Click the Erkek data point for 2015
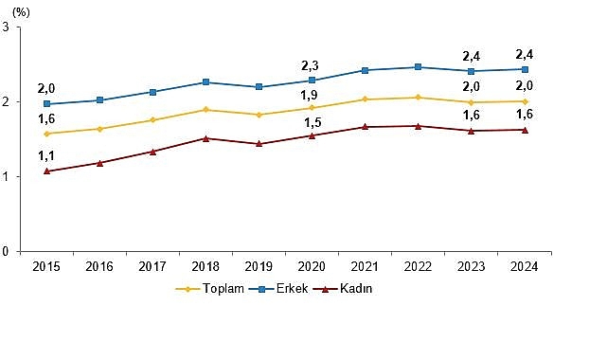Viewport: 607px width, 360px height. (45, 104)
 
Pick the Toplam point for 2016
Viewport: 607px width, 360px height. (99, 129)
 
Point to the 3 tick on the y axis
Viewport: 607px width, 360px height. (7, 27)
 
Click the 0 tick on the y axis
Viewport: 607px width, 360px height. (7, 251)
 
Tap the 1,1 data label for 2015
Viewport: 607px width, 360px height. (45, 155)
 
